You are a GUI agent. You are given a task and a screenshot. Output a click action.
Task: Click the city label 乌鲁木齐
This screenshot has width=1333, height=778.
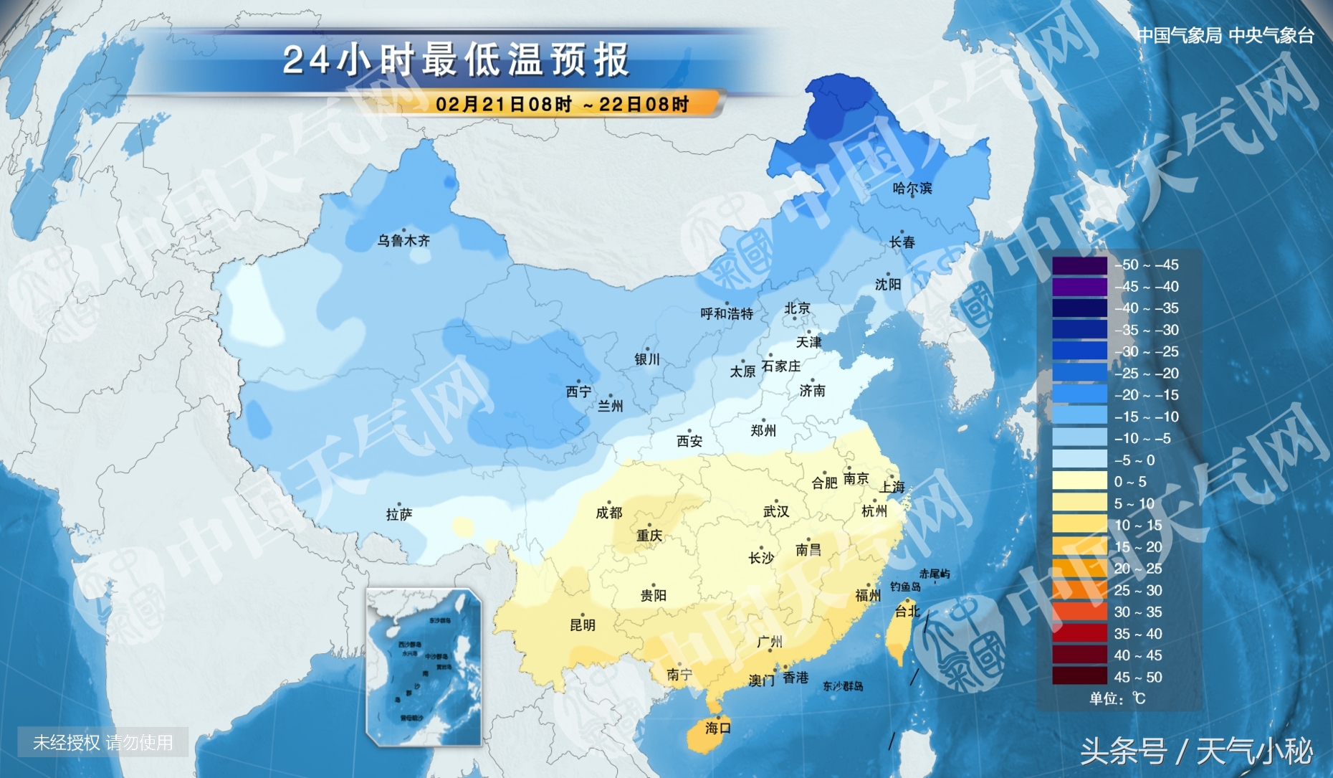tap(403, 241)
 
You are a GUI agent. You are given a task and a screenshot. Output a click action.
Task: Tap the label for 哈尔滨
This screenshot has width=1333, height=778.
tap(912, 189)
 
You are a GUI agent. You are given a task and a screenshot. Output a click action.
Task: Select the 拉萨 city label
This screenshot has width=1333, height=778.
tap(398, 515)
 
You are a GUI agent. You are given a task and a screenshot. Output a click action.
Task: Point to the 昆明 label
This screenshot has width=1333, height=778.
tap(582, 625)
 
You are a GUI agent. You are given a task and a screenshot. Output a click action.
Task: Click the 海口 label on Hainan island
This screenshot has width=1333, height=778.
tap(717, 729)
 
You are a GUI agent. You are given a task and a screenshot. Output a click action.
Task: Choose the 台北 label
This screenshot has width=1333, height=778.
tap(907, 612)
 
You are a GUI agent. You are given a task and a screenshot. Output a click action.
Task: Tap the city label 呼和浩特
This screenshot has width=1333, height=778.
tap(727, 314)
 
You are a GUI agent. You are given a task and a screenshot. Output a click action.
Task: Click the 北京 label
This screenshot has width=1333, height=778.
tap(797, 308)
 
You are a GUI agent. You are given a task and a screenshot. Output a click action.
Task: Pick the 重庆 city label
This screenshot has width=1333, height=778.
tap(649, 536)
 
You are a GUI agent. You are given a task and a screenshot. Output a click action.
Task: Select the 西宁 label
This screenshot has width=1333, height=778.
tap(578, 392)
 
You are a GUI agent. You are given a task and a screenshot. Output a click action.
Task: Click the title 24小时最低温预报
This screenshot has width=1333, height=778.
tap(457, 60)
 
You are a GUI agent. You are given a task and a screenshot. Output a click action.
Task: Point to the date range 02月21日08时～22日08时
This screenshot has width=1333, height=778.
tap(563, 105)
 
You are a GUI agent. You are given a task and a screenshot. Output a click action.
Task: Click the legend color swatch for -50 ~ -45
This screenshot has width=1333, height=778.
tap(1079, 265)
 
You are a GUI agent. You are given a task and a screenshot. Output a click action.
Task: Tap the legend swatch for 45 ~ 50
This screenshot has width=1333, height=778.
tap(1079, 677)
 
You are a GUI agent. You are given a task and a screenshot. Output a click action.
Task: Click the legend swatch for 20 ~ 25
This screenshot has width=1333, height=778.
tap(1079, 569)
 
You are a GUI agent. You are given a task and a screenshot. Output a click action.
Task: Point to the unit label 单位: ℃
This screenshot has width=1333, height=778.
tap(1117, 698)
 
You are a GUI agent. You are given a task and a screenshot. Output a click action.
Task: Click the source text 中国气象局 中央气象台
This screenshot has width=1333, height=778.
tap(1225, 36)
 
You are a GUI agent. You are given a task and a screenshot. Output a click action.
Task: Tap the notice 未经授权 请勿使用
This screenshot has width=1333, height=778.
tap(103, 743)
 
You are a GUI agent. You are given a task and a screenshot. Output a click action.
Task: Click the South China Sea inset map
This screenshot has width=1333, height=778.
tap(424, 667)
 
